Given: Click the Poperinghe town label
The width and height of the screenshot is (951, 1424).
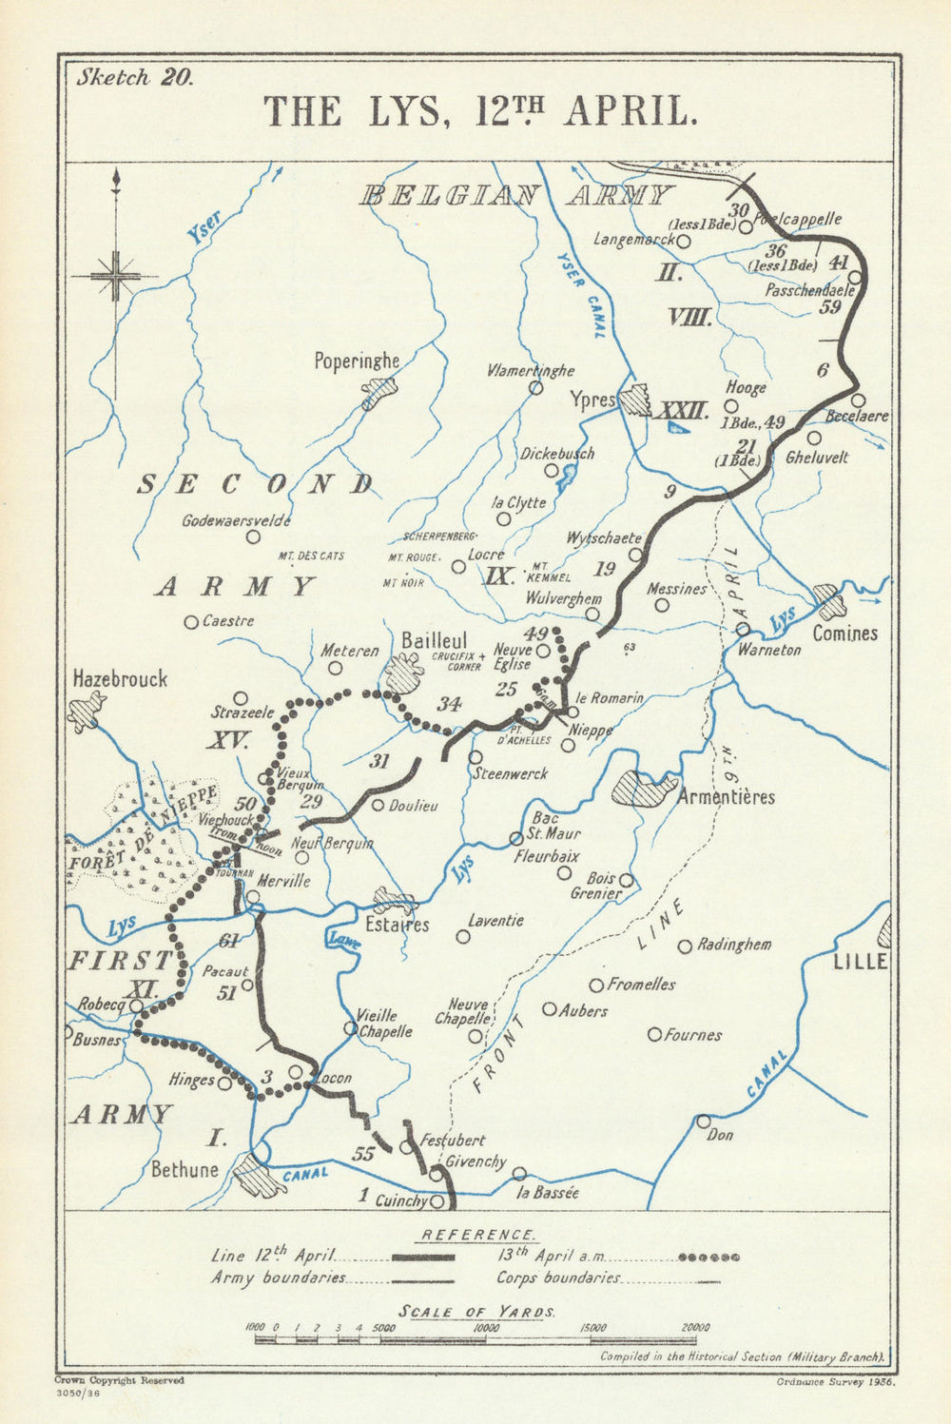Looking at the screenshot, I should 357,361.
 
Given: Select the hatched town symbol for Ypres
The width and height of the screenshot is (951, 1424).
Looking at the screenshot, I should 634,401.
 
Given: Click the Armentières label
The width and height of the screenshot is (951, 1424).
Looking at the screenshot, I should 725,797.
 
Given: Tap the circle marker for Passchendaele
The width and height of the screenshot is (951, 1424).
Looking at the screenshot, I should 854,277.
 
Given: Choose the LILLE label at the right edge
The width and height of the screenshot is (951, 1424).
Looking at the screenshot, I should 859,962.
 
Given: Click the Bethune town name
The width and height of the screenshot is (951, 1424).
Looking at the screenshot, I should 184,1169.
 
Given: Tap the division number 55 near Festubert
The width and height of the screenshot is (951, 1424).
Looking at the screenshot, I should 362,1154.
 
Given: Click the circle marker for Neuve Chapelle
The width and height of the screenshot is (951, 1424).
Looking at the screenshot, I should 475,1036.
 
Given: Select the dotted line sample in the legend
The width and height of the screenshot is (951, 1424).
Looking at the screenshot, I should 708,1257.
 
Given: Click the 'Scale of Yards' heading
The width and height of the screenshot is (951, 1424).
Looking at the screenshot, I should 476,1312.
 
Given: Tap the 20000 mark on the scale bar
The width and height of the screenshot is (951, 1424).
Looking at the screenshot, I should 695,1328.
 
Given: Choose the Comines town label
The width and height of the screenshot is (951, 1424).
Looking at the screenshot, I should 844,634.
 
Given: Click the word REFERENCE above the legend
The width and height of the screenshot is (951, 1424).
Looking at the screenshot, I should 477,1235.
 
